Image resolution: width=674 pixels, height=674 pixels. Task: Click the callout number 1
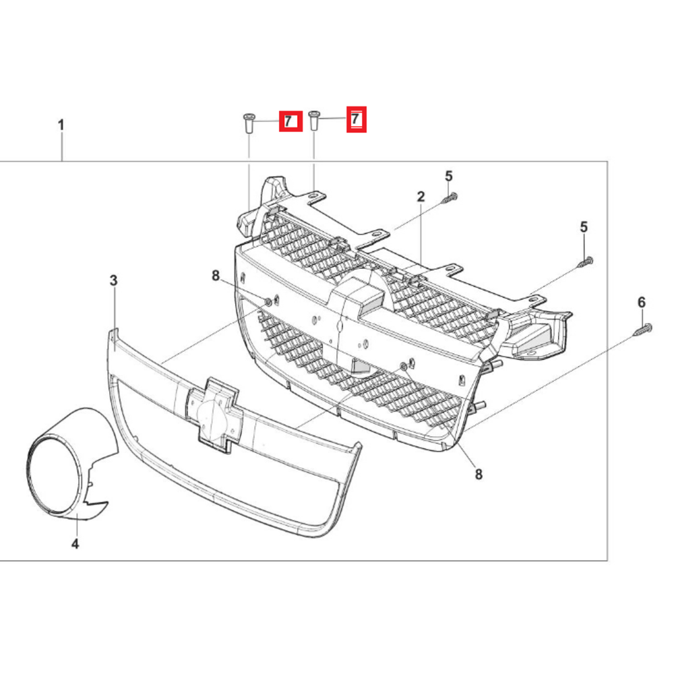coord(61,125)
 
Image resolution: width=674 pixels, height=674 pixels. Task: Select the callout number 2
coord(421,196)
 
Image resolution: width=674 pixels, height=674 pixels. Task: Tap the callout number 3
coord(113,280)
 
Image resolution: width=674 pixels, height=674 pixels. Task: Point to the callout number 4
coord(75,544)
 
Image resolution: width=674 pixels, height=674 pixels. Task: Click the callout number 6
coord(642,302)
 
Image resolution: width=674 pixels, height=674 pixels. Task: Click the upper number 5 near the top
coord(449,176)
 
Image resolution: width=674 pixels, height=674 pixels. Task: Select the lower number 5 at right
coord(584,227)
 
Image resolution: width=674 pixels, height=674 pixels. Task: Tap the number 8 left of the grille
coord(216,276)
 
